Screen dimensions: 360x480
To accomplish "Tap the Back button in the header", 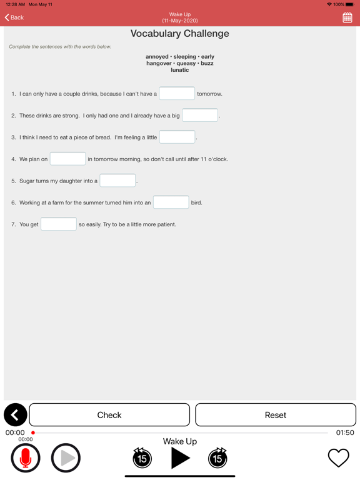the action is (14, 17).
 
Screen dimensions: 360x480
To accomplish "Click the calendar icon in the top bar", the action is (347, 18).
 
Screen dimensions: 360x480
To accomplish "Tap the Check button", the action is (109, 415).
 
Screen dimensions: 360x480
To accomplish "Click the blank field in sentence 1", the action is (177, 94).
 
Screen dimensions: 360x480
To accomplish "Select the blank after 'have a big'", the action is (200, 116).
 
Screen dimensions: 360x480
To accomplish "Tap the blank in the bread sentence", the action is (177, 137).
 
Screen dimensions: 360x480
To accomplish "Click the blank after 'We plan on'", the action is (67, 159).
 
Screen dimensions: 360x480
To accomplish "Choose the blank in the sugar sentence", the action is (117, 181).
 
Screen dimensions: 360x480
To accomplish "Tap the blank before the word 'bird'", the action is (171, 202).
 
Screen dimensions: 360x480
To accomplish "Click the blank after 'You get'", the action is (59, 224).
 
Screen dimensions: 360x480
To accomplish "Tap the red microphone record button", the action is (26, 458).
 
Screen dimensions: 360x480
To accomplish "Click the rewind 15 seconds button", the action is (142, 458).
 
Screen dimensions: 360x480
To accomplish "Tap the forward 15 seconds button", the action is (217, 458).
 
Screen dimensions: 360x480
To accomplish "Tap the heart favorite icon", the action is (339, 458).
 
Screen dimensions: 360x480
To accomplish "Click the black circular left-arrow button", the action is (15, 415).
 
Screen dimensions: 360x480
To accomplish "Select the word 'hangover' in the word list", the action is (159, 63).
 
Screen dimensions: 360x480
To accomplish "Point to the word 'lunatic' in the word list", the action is (180, 70).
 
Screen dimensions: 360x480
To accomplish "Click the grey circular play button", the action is (66, 458).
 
